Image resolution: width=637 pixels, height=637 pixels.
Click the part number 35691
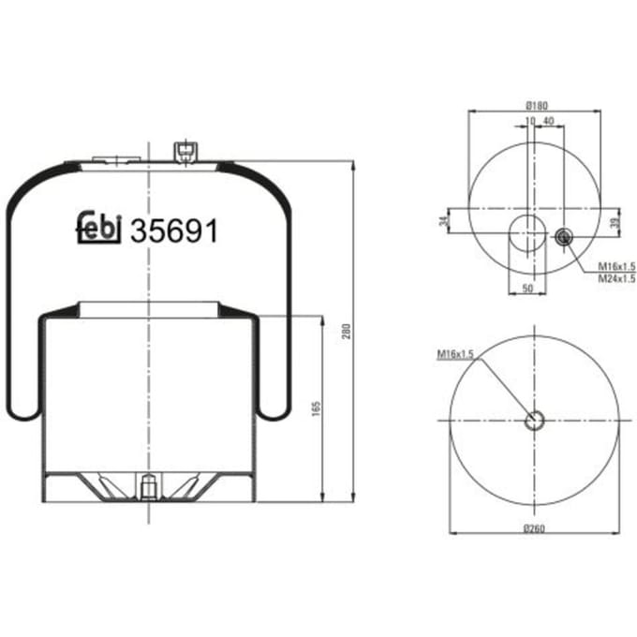coord(174,230)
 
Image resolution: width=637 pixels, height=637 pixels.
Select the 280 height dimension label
coord(346,332)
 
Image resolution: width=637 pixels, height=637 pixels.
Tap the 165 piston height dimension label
coord(317,408)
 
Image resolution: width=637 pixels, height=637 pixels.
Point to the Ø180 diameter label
coord(536,106)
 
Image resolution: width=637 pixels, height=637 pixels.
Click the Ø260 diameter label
coord(534,528)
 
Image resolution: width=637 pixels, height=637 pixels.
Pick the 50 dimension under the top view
coord(526,289)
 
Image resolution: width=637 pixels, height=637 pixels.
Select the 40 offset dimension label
coord(548,121)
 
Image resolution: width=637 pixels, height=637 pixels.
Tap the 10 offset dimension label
coord(530,121)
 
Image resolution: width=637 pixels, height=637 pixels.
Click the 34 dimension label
coord(445,221)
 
